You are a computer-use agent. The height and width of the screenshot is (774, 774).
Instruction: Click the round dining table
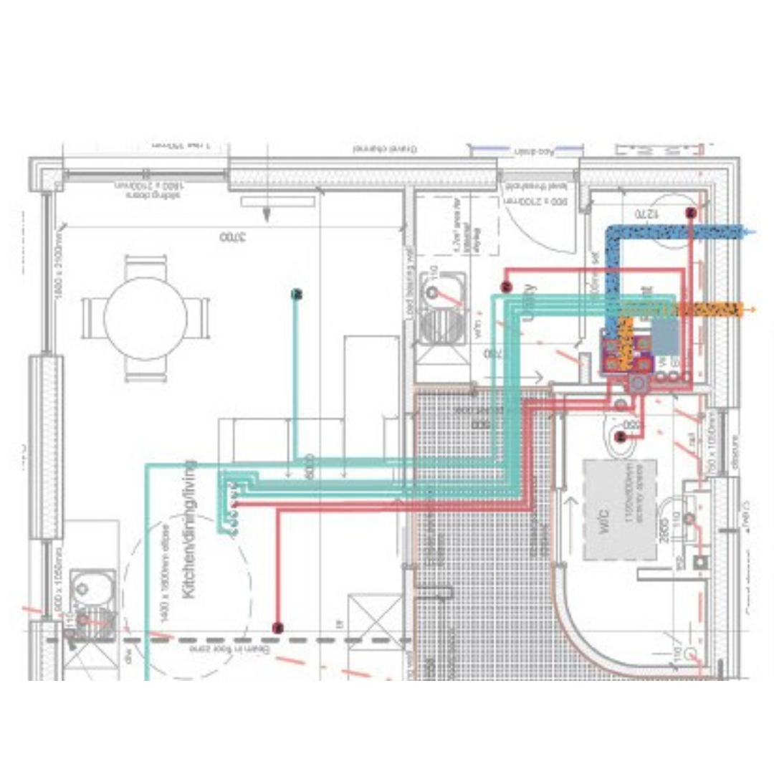pyautogui.click(x=145, y=318)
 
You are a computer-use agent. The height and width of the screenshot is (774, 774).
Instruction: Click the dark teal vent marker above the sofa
pyautogui.click(x=296, y=293)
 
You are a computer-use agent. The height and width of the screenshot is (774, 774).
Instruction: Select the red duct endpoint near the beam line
pyautogui.click(x=278, y=629)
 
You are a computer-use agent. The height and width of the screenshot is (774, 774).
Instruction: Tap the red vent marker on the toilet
pyautogui.click(x=621, y=436)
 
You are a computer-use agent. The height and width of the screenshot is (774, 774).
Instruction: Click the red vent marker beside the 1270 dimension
pyautogui.click(x=690, y=213)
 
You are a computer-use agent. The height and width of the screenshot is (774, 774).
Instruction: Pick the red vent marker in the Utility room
pyautogui.click(x=506, y=287)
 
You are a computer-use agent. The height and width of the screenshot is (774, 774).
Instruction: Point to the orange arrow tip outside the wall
pyautogui.click(x=752, y=310)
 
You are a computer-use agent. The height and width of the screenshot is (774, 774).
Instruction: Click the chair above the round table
pyautogui.click(x=145, y=267)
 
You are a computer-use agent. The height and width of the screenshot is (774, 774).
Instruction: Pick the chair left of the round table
pyautogui.click(x=92, y=318)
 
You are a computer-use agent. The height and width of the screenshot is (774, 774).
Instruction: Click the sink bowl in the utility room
pyautogui.click(x=432, y=292)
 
